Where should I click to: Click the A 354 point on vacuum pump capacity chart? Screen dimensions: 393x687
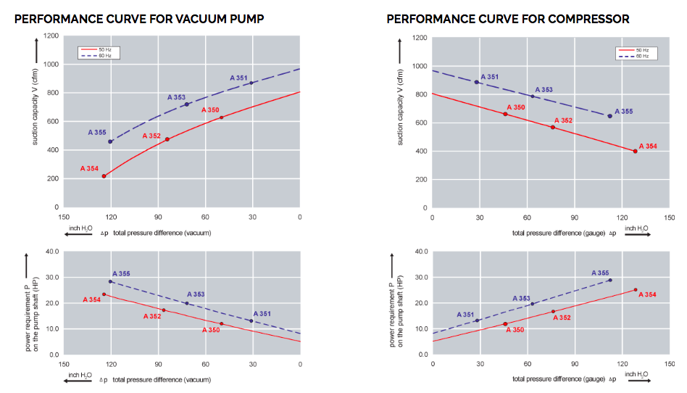[x=104, y=176]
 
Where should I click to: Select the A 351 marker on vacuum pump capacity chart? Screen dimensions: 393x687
[x=251, y=83]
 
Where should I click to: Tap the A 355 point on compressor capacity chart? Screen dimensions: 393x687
[x=609, y=116]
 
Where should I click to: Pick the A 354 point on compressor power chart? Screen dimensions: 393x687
[x=636, y=290]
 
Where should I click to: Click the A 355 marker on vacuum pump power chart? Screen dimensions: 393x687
[x=110, y=281]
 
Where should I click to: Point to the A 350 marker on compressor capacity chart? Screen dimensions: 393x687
[x=505, y=114]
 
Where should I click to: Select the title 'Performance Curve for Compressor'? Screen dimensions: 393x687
[x=507, y=18]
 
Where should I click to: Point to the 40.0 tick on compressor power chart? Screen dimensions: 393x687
[x=421, y=252]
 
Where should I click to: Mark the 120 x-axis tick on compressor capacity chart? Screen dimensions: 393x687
[x=620, y=217]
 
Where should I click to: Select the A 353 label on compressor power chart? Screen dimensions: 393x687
[x=521, y=298]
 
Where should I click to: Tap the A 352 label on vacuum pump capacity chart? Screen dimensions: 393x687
[x=151, y=136]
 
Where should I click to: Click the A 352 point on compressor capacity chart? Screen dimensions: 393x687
[x=552, y=127]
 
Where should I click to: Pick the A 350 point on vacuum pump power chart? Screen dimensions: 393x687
[x=221, y=323]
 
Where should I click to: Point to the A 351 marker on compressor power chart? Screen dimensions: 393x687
[x=477, y=320]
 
